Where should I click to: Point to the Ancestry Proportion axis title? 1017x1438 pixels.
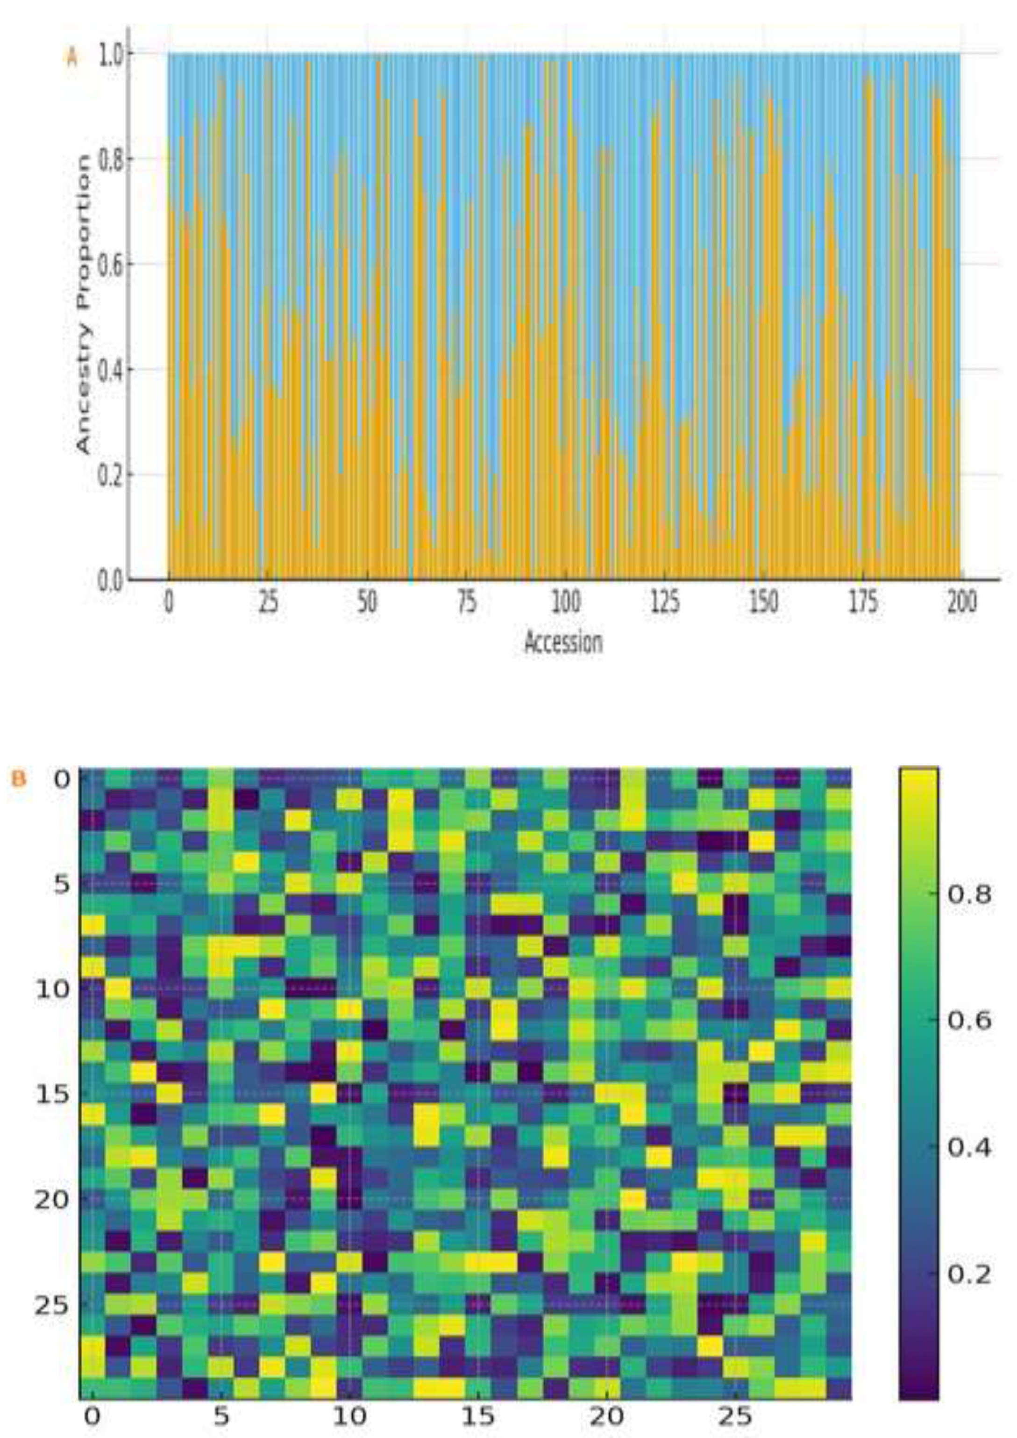click(83, 304)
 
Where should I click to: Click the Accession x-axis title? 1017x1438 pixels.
click(563, 643)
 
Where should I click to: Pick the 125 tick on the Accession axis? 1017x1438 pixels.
click(664, 602)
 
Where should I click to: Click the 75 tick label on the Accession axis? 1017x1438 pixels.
click(467, 602)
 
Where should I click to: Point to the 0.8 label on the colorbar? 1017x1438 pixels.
click(969, 895)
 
